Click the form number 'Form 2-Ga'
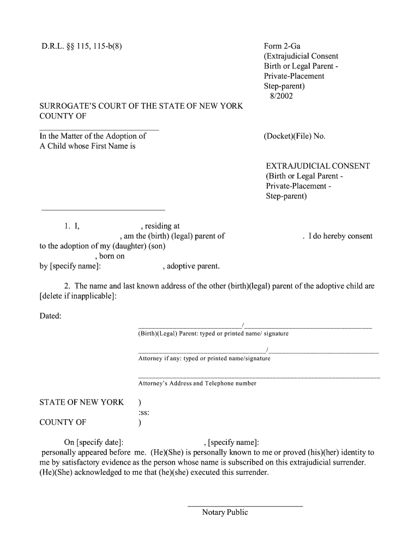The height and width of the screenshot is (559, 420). tap(282, 46)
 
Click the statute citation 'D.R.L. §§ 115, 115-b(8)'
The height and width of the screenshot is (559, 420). tap(82, 46)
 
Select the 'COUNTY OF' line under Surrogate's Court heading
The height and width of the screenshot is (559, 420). tap(63, 116)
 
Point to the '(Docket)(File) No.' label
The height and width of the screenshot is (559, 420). tap(294, 136)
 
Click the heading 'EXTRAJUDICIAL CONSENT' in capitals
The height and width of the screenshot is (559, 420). tap(317, 166)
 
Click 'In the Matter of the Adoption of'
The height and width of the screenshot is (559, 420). tap(93, 136)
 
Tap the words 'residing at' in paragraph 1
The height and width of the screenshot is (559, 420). tap(162, 226)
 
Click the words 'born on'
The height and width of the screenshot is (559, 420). tap(112, 256)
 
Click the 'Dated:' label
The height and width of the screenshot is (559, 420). tap(51, 316)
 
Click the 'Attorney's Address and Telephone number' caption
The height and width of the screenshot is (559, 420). tap(197, 383)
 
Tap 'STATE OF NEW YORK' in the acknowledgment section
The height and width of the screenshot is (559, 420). tap(82, 402)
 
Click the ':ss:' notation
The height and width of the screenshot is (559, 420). tap(144, 412)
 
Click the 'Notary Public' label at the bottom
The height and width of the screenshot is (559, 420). tap(225, 512)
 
